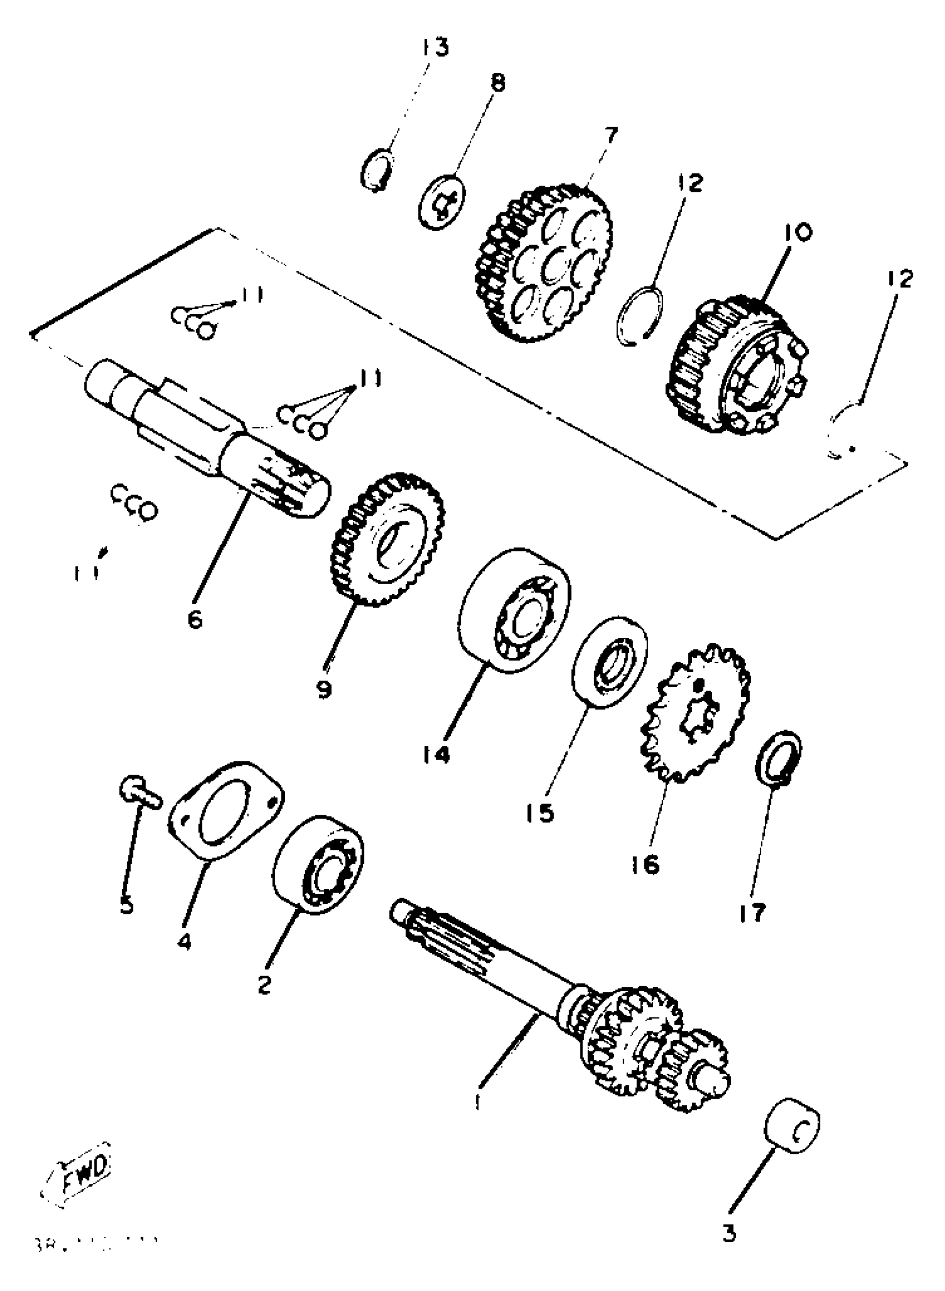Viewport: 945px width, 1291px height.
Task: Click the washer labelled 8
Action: pos(442,202)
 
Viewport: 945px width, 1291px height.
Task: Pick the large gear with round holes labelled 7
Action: pos(544,263)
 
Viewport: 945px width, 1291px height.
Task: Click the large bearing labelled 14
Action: pos(514,611)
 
